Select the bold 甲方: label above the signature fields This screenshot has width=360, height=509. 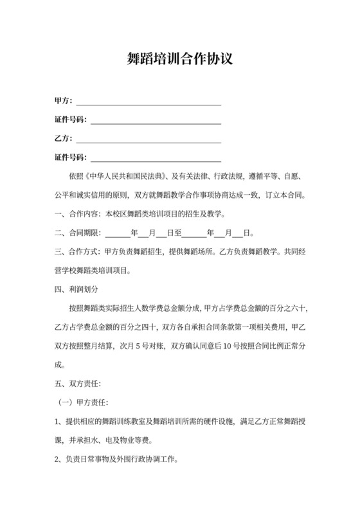(64, 101)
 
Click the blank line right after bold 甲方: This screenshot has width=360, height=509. (148, 102)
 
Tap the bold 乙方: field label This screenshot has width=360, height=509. (64, 138)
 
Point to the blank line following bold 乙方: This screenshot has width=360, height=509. (148, 139)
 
